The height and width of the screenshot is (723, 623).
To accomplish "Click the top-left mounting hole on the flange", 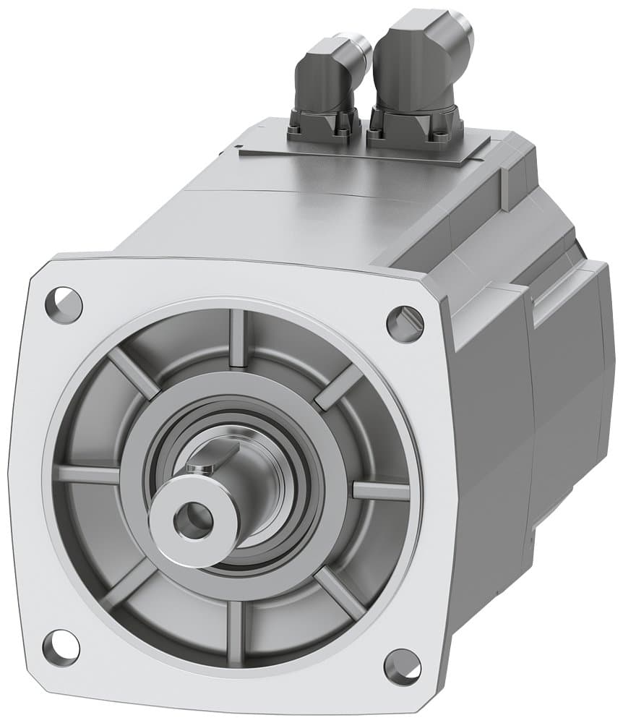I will pos(64,304).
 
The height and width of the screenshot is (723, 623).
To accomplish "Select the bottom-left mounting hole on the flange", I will pos(61,647).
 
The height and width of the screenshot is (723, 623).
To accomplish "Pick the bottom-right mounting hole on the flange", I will pos(402,666).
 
